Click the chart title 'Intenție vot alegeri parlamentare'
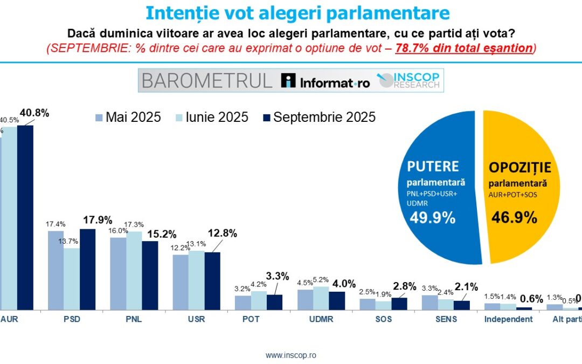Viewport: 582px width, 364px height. (290, 12)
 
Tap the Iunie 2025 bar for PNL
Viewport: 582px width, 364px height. (134, 271)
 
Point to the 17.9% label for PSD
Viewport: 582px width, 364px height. (98, 220)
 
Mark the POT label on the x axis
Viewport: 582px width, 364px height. (251, 319)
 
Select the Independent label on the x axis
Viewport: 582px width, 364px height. (508, 319)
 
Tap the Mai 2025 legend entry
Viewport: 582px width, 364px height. (128, 117)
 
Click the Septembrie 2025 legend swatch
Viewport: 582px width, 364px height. (266, 117)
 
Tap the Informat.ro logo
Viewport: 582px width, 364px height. (326, 81)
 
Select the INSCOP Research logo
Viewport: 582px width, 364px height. (410, 80)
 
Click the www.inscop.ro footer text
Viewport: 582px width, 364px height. (290, 355)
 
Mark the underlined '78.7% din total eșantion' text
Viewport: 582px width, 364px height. (464, 47)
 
